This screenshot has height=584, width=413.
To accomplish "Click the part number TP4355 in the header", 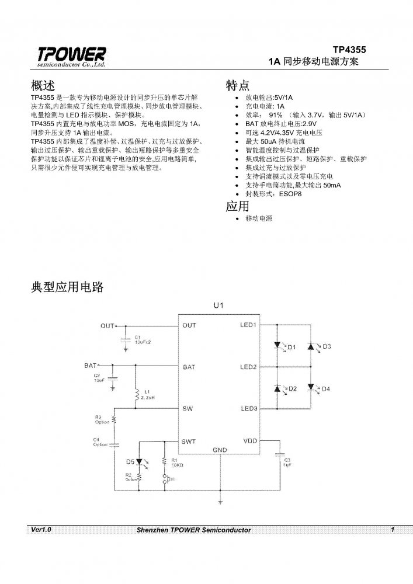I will click(x=349, y=50).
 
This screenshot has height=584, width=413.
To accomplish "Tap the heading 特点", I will click(x=238, y=85).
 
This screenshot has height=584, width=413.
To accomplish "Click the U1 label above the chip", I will click(x=218, y=306).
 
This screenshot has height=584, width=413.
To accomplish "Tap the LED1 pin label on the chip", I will click(x=248, y=325).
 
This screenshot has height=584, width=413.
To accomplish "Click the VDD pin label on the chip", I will click(x=250, y=442).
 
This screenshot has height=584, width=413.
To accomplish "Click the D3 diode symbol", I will click(x=311, y=346).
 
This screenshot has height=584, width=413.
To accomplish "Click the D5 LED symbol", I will click(x=140, y=462).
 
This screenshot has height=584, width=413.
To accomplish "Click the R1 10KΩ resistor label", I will click(x=177, y=463).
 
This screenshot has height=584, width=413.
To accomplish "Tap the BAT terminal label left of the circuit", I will click(x=90, y=366).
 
